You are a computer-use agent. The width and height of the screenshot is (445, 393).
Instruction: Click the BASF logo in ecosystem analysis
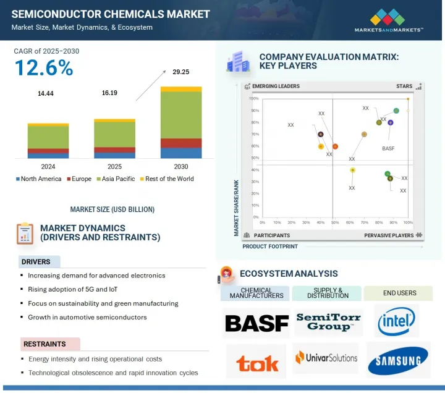256,323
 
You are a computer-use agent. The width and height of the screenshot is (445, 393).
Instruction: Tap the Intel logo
397,321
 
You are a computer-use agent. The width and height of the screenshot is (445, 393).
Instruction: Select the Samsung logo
397,361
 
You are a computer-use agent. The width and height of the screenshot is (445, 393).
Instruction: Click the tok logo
255,362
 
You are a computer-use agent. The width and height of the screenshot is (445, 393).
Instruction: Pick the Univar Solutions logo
326,358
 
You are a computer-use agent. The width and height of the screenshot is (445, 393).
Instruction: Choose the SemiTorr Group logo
328,321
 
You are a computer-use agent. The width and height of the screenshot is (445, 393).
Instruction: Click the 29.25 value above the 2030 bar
180,72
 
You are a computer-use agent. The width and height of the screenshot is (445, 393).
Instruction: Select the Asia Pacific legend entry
117,179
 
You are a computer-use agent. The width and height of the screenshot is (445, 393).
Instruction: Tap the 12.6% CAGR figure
43,69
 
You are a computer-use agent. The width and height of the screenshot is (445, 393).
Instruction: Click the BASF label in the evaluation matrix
388,149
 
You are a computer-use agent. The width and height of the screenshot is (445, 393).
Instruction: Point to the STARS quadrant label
404,87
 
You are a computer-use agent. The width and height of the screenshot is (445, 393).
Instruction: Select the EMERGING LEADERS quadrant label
276,87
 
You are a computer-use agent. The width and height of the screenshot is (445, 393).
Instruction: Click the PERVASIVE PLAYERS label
389,235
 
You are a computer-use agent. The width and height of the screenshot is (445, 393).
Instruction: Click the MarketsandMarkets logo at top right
389,20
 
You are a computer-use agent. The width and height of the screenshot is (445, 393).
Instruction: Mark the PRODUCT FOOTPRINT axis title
269,247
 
